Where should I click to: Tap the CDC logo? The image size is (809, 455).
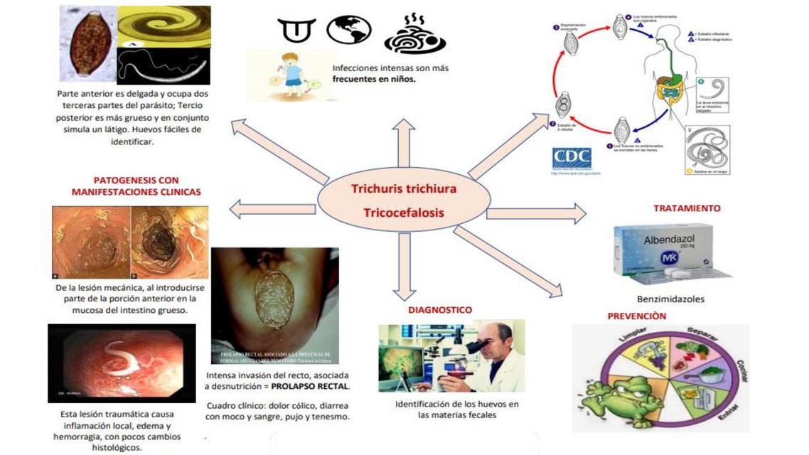(x=572, y=158)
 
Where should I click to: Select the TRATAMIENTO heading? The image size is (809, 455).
(x=686, y=208)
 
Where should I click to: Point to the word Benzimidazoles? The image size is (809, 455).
(x=670, y=299)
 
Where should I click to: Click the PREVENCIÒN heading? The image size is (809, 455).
(x=637, y=316)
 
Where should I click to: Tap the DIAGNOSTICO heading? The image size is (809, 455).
(x=439, y=310)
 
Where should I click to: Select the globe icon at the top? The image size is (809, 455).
(x=349, y=31)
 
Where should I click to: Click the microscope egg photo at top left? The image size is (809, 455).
(x=87, y=43)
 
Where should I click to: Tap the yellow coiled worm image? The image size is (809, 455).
(x=164, y=26)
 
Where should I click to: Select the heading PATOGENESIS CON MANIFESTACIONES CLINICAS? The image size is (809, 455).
(x=136, y=186)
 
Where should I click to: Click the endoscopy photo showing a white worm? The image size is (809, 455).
(x=121, y=363)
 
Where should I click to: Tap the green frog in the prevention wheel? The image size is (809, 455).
(x=635, y=392)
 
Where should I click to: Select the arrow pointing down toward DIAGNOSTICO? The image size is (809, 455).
(x=404, y=266)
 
